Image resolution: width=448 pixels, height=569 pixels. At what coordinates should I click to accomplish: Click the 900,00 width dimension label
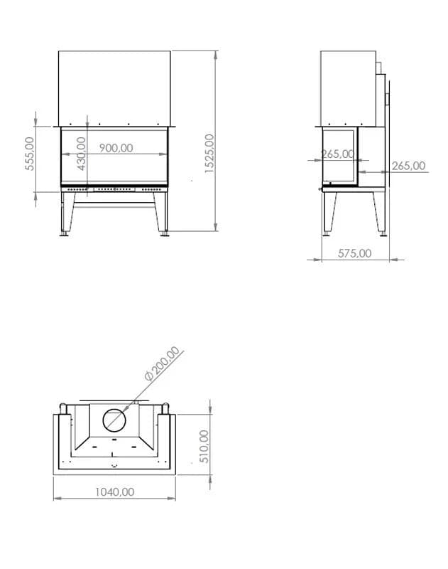point(116,148)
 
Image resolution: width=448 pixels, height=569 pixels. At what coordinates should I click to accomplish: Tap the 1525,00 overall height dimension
point(209,153)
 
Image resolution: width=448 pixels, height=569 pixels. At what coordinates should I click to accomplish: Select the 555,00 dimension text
point(30,154)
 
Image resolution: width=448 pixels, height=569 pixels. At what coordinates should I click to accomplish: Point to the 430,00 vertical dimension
point(82,154)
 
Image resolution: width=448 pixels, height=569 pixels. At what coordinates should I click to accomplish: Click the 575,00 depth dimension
point(354,253)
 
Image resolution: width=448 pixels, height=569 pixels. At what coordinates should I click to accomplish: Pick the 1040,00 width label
point(114,492)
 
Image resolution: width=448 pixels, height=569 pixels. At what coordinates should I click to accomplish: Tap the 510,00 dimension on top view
point(204,447)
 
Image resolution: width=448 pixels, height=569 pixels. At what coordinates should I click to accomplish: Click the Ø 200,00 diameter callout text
point(162,363)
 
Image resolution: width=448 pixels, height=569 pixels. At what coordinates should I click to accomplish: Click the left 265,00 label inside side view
point(337,154)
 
